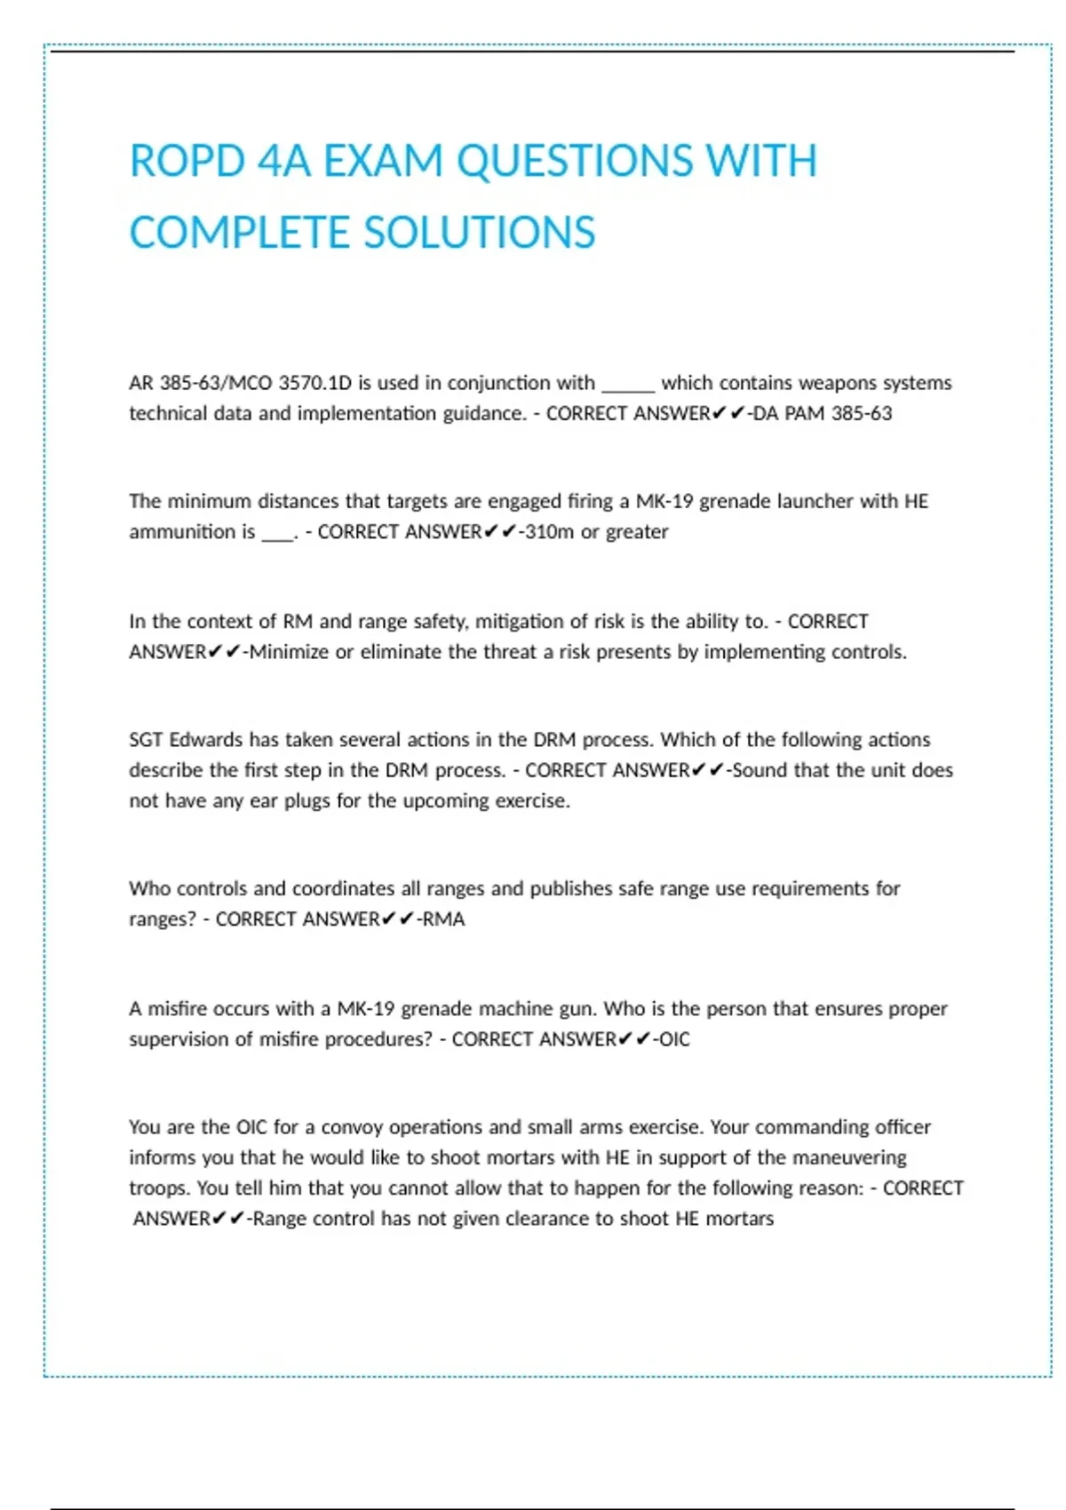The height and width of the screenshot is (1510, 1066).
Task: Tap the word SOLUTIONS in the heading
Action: click(479, 233)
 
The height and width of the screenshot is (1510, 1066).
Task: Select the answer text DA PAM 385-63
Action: click(823, 413)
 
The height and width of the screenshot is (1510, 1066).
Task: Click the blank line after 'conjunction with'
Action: click(628, 385)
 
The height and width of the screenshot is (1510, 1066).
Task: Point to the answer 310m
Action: click(550, 531)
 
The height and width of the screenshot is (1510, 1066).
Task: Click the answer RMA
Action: click(443, 918)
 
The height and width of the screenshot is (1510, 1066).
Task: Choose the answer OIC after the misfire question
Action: click(674, 1038)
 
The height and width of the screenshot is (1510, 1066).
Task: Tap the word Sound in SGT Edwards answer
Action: click(760, 769)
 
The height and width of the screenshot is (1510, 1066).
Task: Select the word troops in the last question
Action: click(159, 1188)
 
